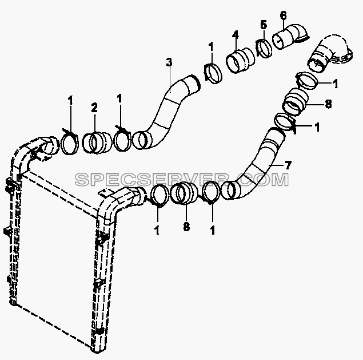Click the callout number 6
(283, 16)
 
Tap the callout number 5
(264, 25)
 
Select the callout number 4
(235, 34)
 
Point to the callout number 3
(169, 62)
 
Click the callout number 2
(94, 108)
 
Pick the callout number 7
(288, 165)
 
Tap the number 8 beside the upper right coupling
(328, 104)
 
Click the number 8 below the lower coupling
(186, 226)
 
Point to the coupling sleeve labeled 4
(240, 60)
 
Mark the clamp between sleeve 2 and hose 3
(122, 139)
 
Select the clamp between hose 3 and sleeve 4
(213, 73)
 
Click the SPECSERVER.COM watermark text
(182, 180)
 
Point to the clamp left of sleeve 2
(69, 143)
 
